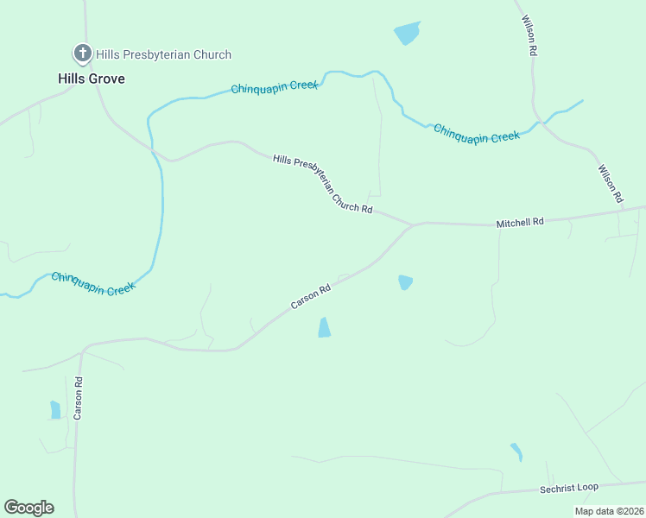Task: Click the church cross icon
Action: pos(83,54)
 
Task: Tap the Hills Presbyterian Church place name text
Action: pos(163,54)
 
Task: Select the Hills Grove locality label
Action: pos(92,79)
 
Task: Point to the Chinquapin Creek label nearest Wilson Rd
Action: pos(477,132)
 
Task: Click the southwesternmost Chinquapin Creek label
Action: pos(93,283)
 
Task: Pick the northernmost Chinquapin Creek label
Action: pos(275,87)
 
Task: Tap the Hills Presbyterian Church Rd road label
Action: pos(322,184)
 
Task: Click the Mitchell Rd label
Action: pos(520,223)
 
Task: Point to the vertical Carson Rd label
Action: pos(78,398)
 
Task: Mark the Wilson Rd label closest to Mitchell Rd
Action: pos(611,184)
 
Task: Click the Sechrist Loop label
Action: pos(569,488)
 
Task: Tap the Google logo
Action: pos(29,508)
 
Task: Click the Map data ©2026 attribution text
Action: pos(609,511)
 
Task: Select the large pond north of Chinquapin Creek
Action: pos(407,34)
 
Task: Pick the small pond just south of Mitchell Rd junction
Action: pos(405,282)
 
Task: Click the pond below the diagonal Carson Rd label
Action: pos(324,327)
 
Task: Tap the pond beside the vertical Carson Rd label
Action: pos(55,409)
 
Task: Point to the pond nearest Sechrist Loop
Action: pos(516,452)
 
